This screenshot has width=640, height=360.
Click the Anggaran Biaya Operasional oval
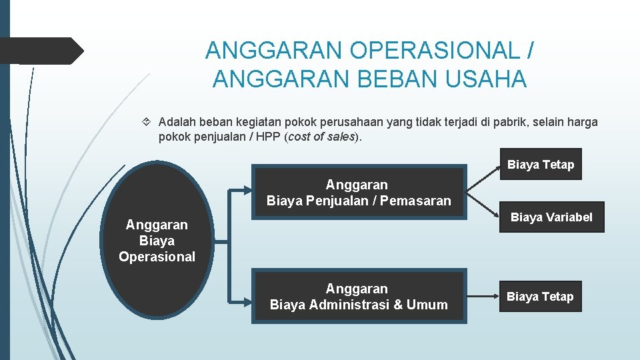click(x=157, y=240)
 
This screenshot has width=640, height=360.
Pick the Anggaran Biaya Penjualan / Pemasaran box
click(x=359, y=193)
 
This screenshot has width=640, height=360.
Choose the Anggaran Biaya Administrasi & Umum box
click(x=359, y=297)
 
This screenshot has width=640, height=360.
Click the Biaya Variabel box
click(x=551, y=217)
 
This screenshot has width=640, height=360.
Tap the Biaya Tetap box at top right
click(x=540, y=165)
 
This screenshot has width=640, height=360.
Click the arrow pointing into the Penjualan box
click(x=240, y=192)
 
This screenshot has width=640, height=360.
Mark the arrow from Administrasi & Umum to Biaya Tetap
click(x=481, y=297)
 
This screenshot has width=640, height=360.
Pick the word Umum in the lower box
click(x=427, y=305)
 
